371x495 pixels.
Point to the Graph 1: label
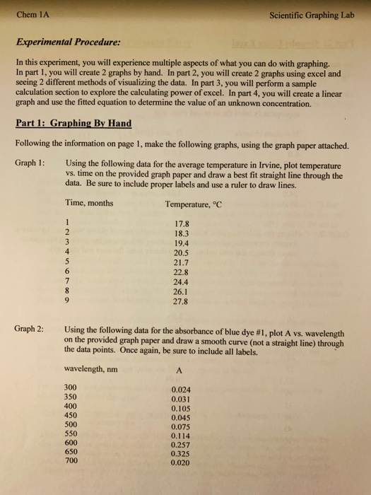click(x=29, y=163)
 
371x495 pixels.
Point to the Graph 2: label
click(x=29, y=329)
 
